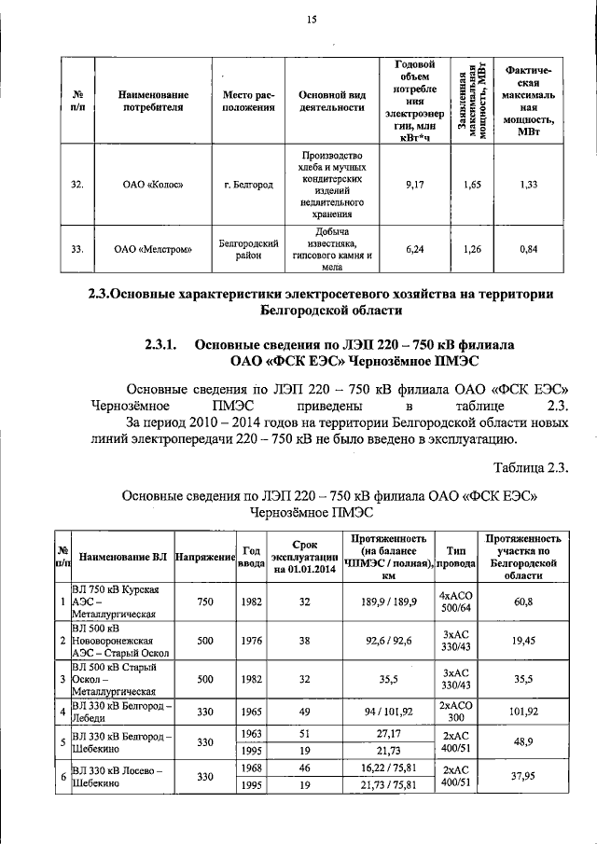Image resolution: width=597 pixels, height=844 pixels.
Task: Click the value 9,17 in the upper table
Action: coord(415,186)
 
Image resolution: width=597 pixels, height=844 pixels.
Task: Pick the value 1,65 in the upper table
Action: coord(473,186)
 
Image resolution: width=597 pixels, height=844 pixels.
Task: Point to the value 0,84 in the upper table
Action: coord(529,249)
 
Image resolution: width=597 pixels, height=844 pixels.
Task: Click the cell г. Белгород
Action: coord(248,186)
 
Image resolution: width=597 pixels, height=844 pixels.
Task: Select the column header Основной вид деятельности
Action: coord(330,101)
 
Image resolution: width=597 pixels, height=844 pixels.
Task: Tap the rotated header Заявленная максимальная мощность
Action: coord(473,101)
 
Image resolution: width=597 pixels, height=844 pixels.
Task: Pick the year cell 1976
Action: coord(250,641)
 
